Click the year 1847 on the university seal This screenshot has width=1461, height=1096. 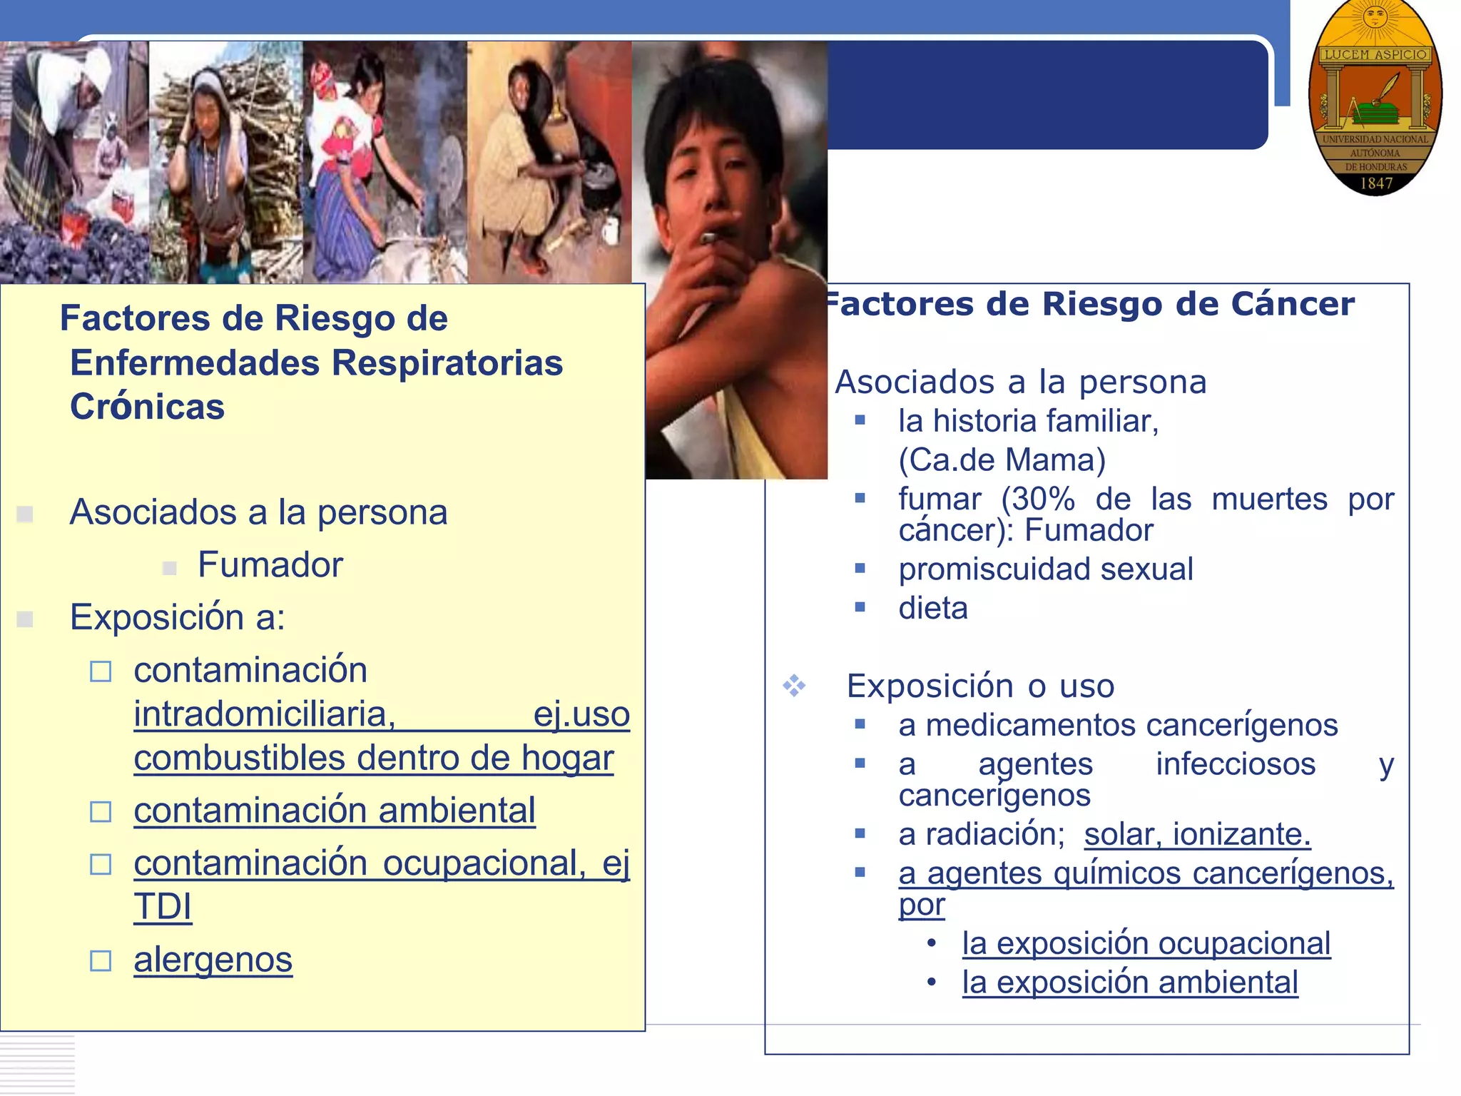[1376, 183]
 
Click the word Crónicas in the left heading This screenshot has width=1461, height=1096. [147, 407]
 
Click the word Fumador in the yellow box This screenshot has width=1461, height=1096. [270, 565]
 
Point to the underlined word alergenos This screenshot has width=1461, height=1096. [213, 960]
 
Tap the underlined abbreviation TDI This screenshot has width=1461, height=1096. [163, 908]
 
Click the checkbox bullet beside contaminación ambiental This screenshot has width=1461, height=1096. [101, 812]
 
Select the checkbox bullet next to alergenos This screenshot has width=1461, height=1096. [101, 961]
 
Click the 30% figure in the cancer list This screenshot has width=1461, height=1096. [1039, 499]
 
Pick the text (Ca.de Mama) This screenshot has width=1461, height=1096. [1002, 460]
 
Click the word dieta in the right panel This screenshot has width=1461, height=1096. [933, 609]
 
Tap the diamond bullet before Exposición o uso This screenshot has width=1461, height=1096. [794, 686]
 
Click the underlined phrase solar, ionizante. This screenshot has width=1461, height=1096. [1197, 835]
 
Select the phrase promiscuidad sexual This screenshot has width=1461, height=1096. [1045, 569]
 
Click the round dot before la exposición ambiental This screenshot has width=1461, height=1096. [931, 983]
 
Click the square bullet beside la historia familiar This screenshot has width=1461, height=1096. [860, 421]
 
